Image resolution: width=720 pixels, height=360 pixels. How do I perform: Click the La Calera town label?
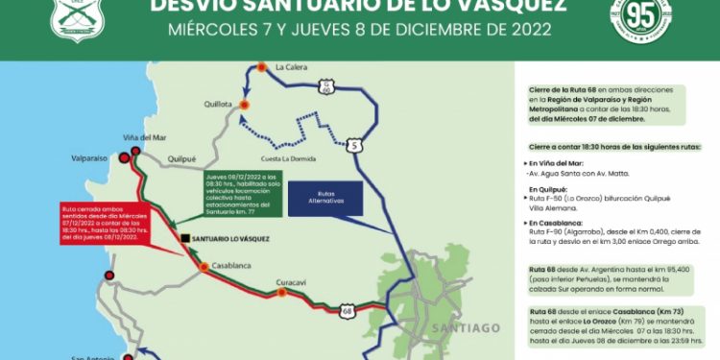pyautogui.click(x=292, y=67)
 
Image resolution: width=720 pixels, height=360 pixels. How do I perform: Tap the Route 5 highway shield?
pyautogui.click(x=355, y=145)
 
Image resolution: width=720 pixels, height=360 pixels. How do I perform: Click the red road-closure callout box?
pyautogui.click(x=88, y=223)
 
